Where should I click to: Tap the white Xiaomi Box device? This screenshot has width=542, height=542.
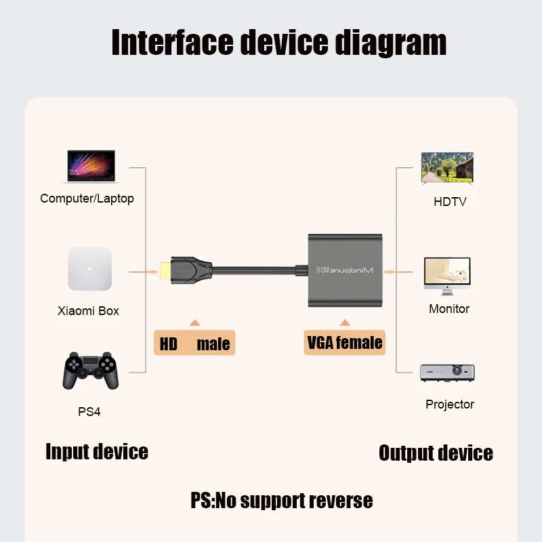[x=89, y=269]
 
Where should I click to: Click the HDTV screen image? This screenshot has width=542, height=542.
[x=447, y=168]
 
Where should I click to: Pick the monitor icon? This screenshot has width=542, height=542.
[x=447, y=276]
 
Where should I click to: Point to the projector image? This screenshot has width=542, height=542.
[x=447, y=373]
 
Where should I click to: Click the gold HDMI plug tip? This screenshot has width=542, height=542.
[x=163, y=272]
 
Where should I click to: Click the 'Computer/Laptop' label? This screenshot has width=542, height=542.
[x=87, y=199]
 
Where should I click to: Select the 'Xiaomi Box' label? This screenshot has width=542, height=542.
[x=88, y=311]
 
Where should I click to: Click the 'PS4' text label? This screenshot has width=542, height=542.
[x=89, y=412]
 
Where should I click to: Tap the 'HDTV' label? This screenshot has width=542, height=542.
[x=450, y=202]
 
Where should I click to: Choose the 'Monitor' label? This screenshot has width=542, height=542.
[x=449, y=309]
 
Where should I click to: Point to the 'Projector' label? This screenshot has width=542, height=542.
[x=450, y=404]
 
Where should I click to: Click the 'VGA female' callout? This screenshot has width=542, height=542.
[x=345, y=343]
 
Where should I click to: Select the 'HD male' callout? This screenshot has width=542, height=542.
[x=194, y=344]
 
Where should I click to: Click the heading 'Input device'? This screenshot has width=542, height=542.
[x=97, y=452]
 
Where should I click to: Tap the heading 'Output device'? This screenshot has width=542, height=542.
[x=436, y=453]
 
